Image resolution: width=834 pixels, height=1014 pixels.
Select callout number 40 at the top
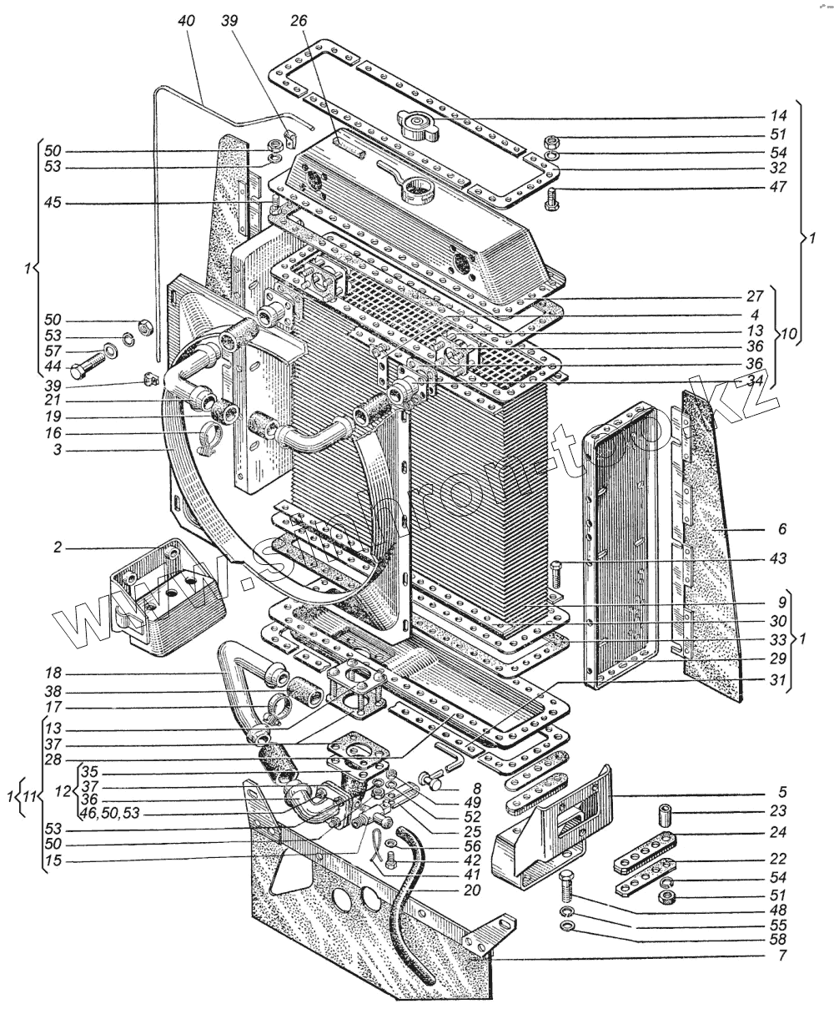tap(184, 22)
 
